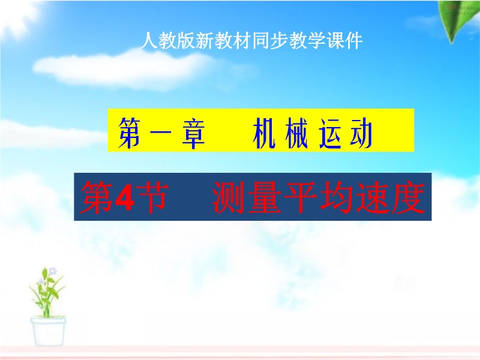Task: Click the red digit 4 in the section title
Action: [x=125, y=197]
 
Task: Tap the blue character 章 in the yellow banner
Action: [x=193, y=133]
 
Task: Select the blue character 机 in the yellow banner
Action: [x=264, y=133]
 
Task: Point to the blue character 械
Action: [x=296, y=133]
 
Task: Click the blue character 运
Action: [x=330, y=133]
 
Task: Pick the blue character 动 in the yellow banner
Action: [x=362, y=133]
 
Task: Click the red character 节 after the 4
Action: [x=152, y=197]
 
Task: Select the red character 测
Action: [x=229, y=197]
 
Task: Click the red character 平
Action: [x=301, y=197]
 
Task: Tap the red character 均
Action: [x=337, y=197]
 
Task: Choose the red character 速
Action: [x=373, y=197]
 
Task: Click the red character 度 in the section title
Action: [x=409, y=197]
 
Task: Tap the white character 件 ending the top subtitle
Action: [x=353, y=40]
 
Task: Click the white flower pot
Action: [x=48, y=332]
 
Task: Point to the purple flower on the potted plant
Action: [x=53, y=271]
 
